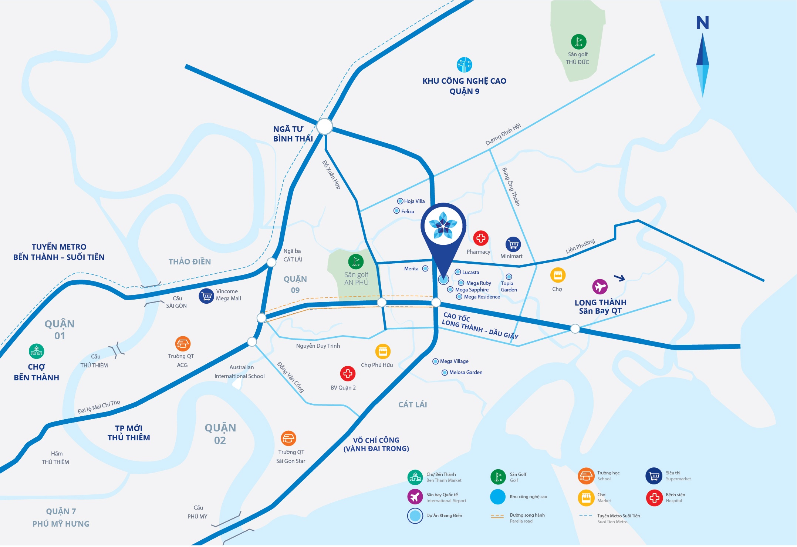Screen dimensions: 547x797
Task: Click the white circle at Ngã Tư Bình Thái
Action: (324, 127)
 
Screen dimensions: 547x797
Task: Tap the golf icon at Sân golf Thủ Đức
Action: (578, 42)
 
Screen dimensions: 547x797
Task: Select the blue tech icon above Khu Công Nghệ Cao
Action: (464, 65)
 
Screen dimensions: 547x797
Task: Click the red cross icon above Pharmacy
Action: (480, 238)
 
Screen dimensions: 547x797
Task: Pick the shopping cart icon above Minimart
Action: (513, 244)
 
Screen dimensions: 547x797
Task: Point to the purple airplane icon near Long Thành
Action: (600, 287)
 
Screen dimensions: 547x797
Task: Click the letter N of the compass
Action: (702, 23)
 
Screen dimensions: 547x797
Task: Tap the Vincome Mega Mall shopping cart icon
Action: (206, 296)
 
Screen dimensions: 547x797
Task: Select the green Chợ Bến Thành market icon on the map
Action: (36, 351)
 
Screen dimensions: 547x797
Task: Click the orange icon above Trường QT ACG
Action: (183, 344)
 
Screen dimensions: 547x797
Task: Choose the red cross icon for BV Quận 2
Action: (348, 374)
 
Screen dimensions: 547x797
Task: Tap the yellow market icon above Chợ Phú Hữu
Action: (383, 351)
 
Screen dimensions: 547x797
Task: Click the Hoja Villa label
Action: (414, 201)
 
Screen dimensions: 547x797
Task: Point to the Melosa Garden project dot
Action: (445, 373)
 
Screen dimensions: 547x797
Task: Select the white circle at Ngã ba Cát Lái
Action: (271, 262)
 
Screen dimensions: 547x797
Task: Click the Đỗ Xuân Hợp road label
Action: (331, 175)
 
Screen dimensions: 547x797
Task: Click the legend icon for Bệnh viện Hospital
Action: (654, 498)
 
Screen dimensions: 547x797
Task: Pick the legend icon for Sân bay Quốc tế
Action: (415, 497)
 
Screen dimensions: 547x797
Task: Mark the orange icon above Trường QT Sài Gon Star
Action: (288, 438)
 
